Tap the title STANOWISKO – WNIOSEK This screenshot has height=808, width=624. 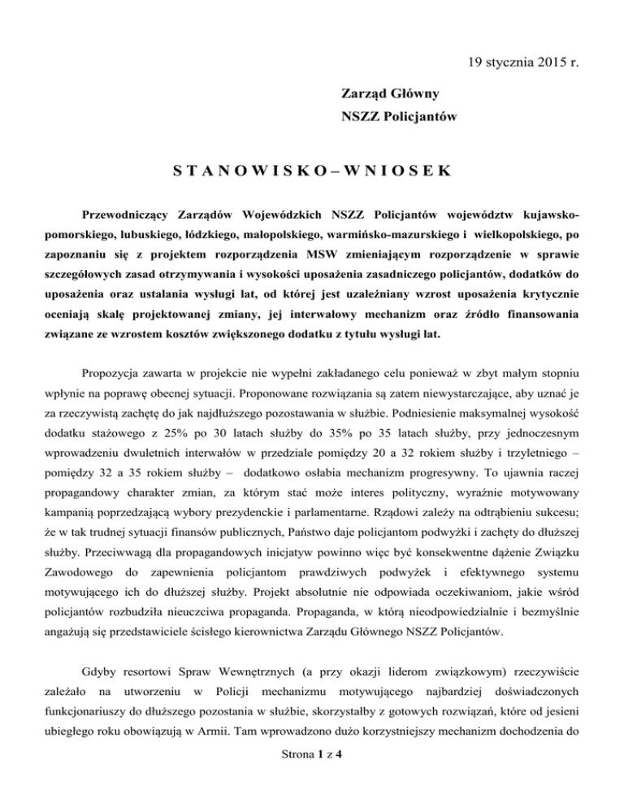312,172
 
